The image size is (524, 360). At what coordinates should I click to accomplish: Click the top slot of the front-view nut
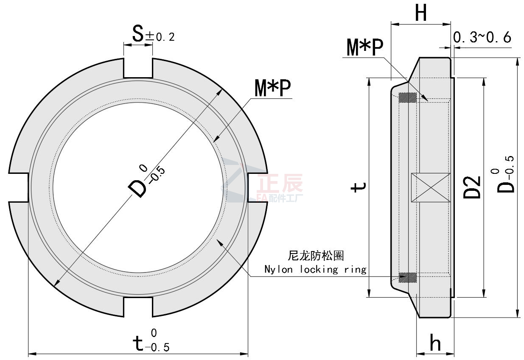[x=138, y=68]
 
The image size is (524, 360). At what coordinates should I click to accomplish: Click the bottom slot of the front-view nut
[x=138, y=306]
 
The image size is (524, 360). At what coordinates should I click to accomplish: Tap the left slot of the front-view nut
[x=19, y=187]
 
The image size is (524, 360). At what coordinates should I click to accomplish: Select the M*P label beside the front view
[x=272, y=89]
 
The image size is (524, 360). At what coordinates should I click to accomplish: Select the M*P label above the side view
[x=365, y=48]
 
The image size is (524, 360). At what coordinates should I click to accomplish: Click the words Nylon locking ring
[x=315, y=269]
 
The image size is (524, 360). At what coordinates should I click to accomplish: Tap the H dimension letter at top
[x=420, y=14]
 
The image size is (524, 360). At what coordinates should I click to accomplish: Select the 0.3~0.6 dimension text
[x=482, y=37]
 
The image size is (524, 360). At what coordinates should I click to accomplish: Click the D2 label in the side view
[x=472, y=187]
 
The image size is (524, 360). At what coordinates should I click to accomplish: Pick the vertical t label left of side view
[x=359, y=187]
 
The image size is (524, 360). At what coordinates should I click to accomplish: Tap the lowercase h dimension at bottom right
[x=435, y=343]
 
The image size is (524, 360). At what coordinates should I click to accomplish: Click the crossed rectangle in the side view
[x=430, y=187]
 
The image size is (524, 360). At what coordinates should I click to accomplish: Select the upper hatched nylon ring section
[x=408, y=97]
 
